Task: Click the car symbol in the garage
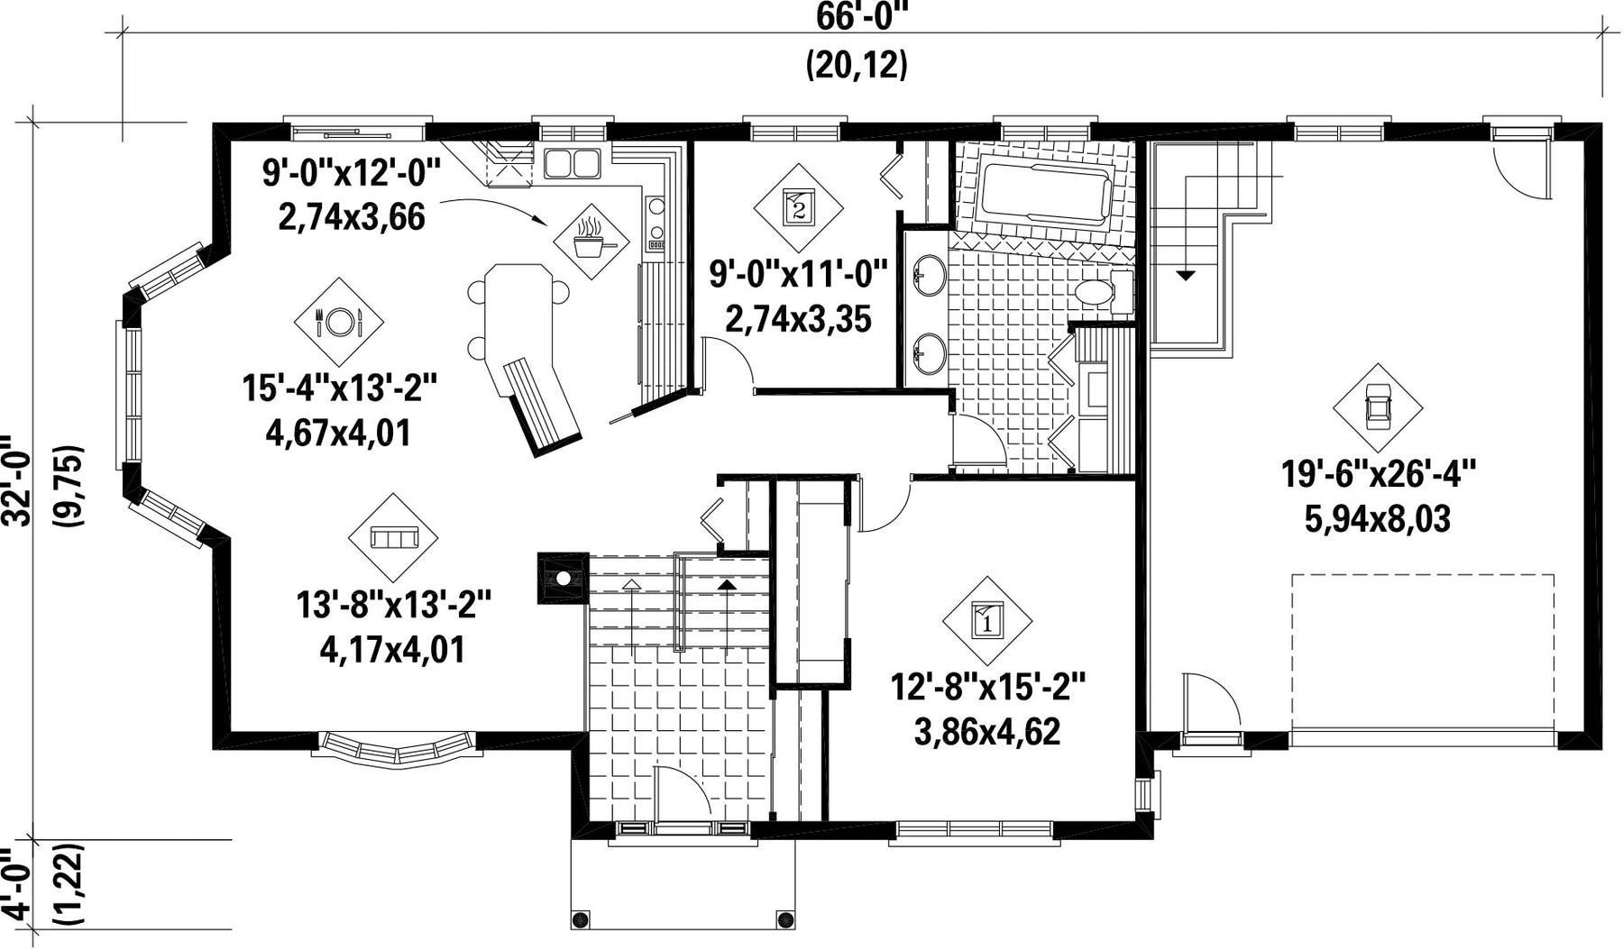(x=1377, y=407)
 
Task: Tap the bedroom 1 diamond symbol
(x=987, y=621)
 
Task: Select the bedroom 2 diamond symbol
(x=798, y=207)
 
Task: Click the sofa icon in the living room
(x=393, y=538)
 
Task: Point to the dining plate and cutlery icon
(x=339, y=321)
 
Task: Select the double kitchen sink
(x=573, y=163)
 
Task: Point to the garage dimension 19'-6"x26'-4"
(x=1378, y=473)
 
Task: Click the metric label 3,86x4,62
(x=987, y=731)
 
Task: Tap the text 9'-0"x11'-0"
(x=798, y=272)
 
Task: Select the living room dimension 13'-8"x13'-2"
(x=394, y=604)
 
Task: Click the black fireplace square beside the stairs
(x=561, y=578)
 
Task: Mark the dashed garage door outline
(x=1423, y=661)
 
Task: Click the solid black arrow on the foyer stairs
(x=726, y=584)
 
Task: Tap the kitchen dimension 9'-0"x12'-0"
(x=352, y=171)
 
